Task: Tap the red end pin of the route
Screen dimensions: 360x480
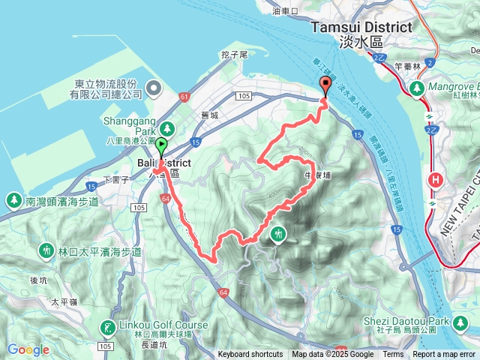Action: pos(325,85)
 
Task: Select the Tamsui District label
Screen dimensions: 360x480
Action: pos(361,27)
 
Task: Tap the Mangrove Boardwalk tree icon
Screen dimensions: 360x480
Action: pos(415,88)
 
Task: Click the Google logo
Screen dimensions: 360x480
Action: pos(28,349)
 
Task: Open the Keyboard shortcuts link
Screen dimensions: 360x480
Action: pos(250,355)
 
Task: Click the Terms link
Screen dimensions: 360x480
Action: pos(393,355)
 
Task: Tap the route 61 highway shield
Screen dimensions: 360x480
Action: pos(184,96)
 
